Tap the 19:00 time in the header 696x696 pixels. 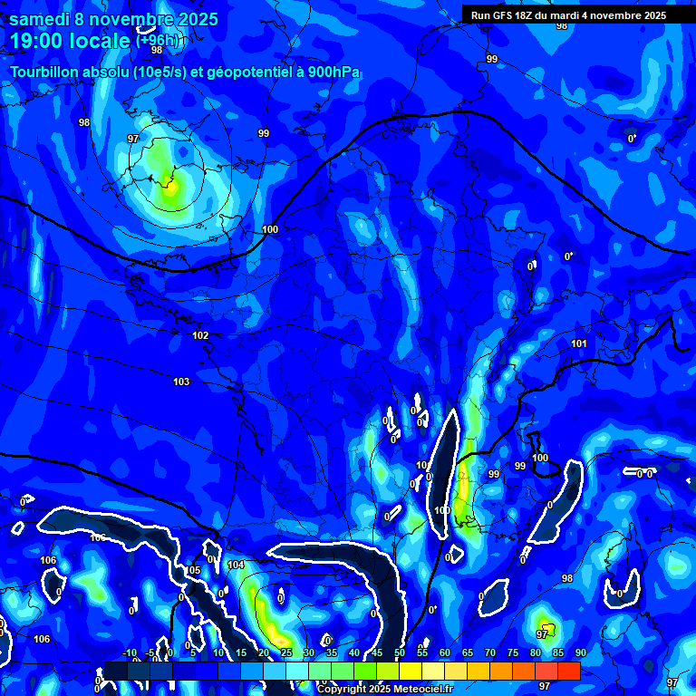[x=38, y=42]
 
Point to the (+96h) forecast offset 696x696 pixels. [x=159, y=40]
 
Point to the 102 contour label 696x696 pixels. [x=200, y=336]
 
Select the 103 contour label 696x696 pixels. [x=181, y=382]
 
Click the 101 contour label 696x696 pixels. [x=579, y=343]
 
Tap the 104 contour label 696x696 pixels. [x=236, y=565]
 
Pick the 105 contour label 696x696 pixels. [x=193, y=570]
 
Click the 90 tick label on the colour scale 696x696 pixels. [x=580, y=652]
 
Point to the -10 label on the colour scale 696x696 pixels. [x=129, y=652]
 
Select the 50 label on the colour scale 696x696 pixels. [x=400, y=652]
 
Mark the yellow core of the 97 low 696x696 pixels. [x=170, y=188]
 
